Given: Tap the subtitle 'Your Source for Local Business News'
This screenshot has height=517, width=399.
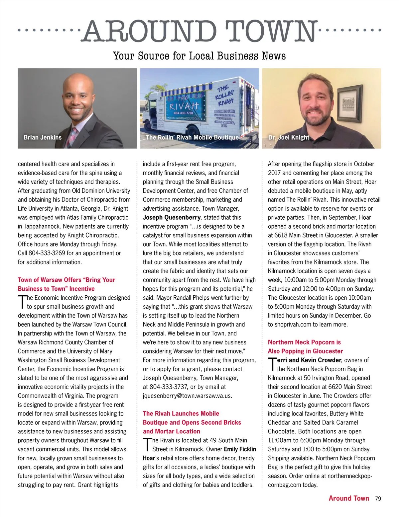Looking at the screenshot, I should coord(199,56).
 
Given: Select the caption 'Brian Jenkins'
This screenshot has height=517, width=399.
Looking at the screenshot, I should coord(43,137).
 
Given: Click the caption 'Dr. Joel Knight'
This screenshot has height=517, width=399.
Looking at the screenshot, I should coord(289,137).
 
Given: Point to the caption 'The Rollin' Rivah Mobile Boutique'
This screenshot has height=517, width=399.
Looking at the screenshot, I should coord(192,137).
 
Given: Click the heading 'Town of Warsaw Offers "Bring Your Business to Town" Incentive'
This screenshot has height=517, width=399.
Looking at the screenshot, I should coord(66,284).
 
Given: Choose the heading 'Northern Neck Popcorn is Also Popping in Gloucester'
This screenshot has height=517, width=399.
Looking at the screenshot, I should coord(305,346).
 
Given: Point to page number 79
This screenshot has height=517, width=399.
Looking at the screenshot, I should coord(378,498).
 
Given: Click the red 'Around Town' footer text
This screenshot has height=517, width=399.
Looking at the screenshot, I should coord(349,498).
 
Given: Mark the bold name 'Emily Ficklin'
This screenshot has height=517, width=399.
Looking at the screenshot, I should coord(240,449).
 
